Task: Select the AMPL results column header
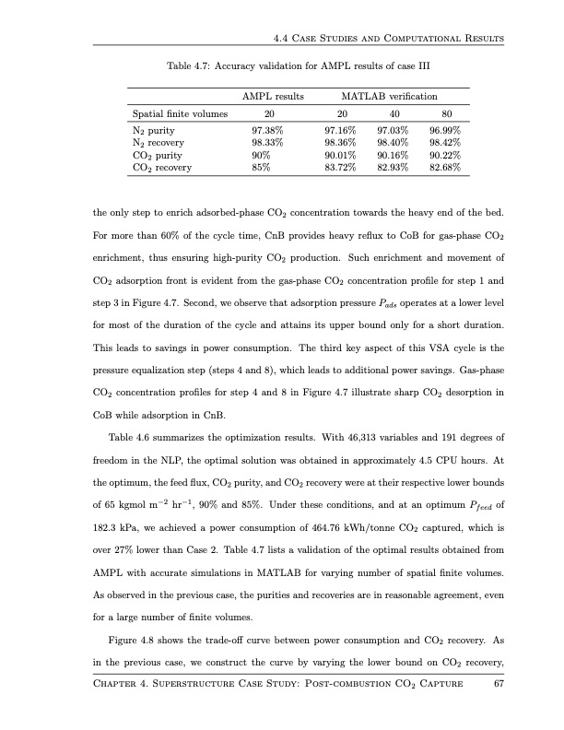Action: click(x=273, y=96)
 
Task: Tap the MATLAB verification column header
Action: click(x=389, y=96)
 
